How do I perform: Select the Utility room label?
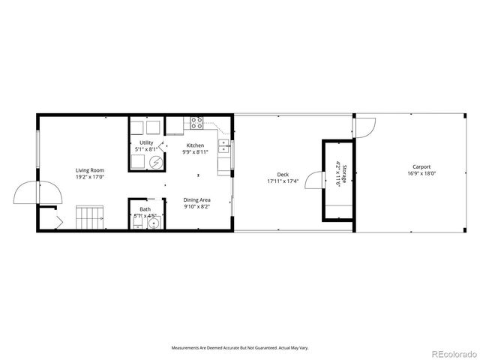pyautogui.click(x=146, y=142)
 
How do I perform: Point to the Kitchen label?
pyautogui.click(x=195, y=145)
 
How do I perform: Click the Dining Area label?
pyautogui.click(x=197, y=199)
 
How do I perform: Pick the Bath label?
pyautogui.click(x=144, y=209)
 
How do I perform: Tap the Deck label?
pyautogui.click(x=283, y=175)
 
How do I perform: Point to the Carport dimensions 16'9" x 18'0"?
pyautogui.click(x=421, y=174)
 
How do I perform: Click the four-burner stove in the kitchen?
pyautogui.click(x=197, y=122)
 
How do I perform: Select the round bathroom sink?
pyautogui.click(x=154, y=223)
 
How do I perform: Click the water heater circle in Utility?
pyautogui.click(x=156, y=162)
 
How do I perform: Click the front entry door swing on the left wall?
pyautogui.click(x=26, y=193)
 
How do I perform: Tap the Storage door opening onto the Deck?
pyautogui.click(x=315, y=181)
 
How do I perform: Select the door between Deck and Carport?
pyautogui.click(x=361, y=128)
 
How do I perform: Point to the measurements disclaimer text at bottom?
pyautogui.click(x=240, y=348)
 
